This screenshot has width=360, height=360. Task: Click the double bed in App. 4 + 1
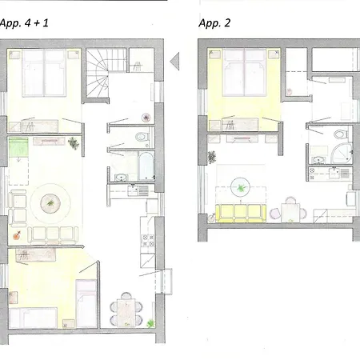click(x=45, y=73)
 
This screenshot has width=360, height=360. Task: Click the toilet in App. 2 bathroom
click(x=338, y=135)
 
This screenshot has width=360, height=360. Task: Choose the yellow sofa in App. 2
click(x=239, y=212)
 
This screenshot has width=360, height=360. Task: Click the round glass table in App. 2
click(x=240, y=189)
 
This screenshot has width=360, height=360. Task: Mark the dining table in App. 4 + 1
click(x=127, y=308)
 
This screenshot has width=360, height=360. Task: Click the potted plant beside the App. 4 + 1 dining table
click(x=150, y=322)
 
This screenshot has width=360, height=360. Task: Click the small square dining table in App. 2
click(x=289, y=212)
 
